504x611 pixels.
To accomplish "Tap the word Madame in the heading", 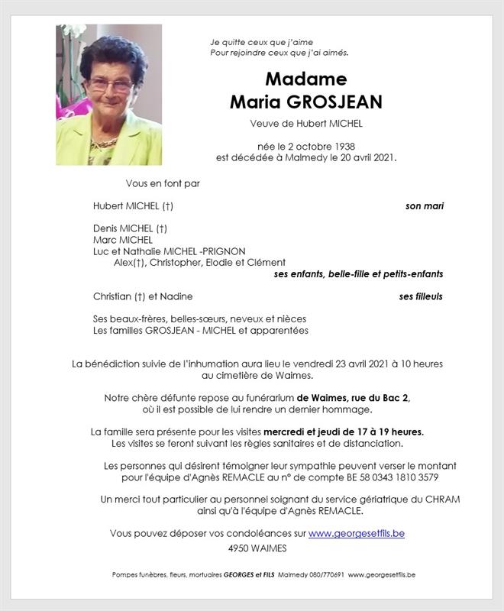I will point(305,79).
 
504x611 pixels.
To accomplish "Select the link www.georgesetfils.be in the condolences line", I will point(357,533).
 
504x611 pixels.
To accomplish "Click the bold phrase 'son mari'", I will point(425,206).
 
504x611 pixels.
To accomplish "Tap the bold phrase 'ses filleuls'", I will point(421,296).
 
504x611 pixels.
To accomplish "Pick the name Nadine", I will point(176,296).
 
